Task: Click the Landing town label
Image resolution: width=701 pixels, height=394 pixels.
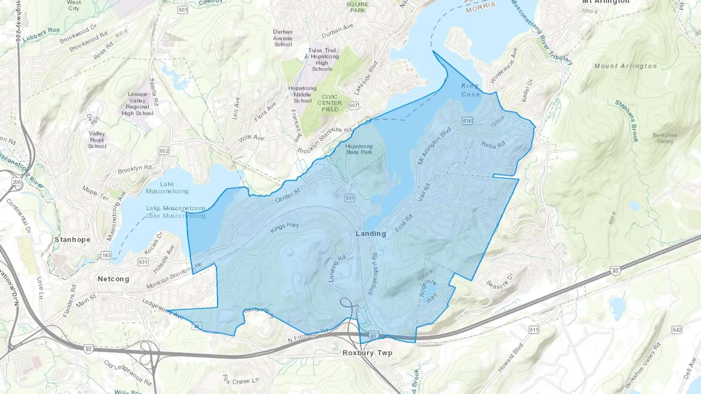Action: (370, 233)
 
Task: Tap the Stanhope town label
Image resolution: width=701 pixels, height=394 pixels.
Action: (72, 240)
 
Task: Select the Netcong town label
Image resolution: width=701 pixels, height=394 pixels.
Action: (113, 279)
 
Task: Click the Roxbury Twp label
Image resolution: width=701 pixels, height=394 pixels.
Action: (367, 353)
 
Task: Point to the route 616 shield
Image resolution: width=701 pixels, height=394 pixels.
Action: (467, 121)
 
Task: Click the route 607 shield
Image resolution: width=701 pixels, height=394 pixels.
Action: (353, 105)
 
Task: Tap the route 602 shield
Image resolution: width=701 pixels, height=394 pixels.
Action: (164, 151)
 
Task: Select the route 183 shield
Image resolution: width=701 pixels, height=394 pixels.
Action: (106, 256)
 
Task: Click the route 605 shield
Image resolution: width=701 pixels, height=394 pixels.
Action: (183, 10)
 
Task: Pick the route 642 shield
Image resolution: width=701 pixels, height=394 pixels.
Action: (677, 330)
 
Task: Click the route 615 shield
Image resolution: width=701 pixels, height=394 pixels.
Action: (534, 330)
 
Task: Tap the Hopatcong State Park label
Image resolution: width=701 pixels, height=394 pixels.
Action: (359, 149)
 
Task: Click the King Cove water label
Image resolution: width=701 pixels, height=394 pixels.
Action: (470, 90)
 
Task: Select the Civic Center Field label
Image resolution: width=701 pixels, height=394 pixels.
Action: (329, 103)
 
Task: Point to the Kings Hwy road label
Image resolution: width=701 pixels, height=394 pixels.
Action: (285, 227)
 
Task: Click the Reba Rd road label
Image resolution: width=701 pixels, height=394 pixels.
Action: (493, 145)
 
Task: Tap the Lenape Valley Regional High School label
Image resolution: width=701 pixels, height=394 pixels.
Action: (137, 104)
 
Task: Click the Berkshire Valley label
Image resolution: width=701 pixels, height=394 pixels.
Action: (665, 138)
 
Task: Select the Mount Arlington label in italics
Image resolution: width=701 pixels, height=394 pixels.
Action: (625, 66)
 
